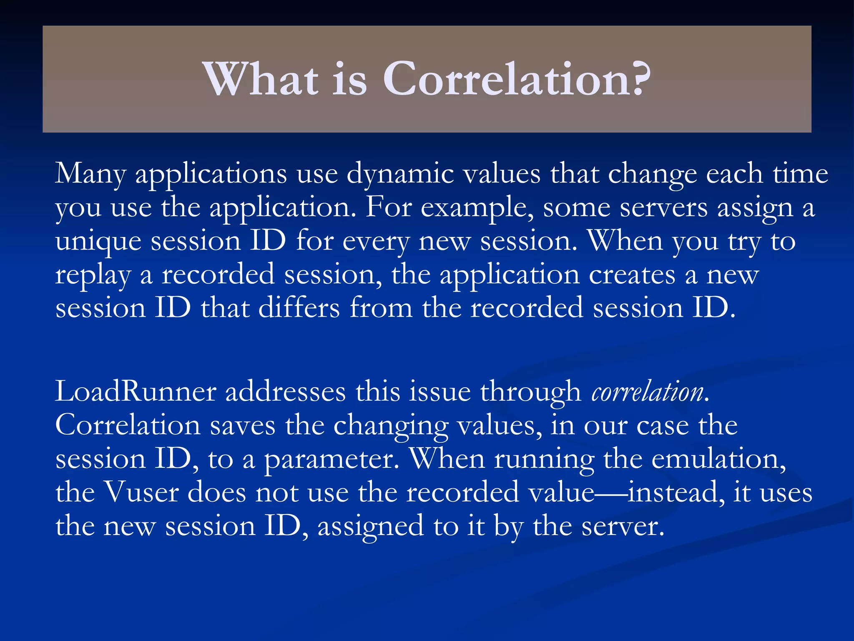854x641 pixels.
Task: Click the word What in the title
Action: [x=261, y=79]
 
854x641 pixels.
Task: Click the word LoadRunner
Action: [x=136, y=392]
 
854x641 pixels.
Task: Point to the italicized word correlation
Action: [x=647, y=392]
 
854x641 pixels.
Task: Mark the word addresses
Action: [x=286, y=392]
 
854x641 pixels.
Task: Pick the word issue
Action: [x=439, y=392]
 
